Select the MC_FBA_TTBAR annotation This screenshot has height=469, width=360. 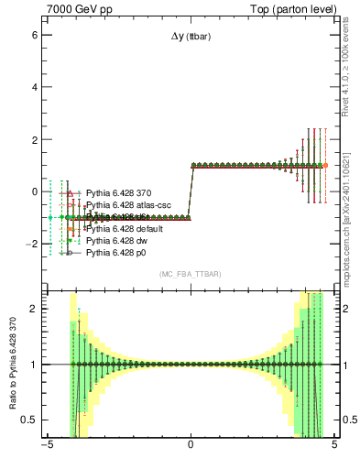coord(190,275)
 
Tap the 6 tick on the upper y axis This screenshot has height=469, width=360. coord(36,34)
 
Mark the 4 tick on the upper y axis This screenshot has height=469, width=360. coord(36,87)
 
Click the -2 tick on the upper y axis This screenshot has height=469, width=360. coord(33,245)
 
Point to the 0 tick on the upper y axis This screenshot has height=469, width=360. coord(36,192)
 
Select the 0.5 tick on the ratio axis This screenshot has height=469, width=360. coord(31,420)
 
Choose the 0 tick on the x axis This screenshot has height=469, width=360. coord(191,448)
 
